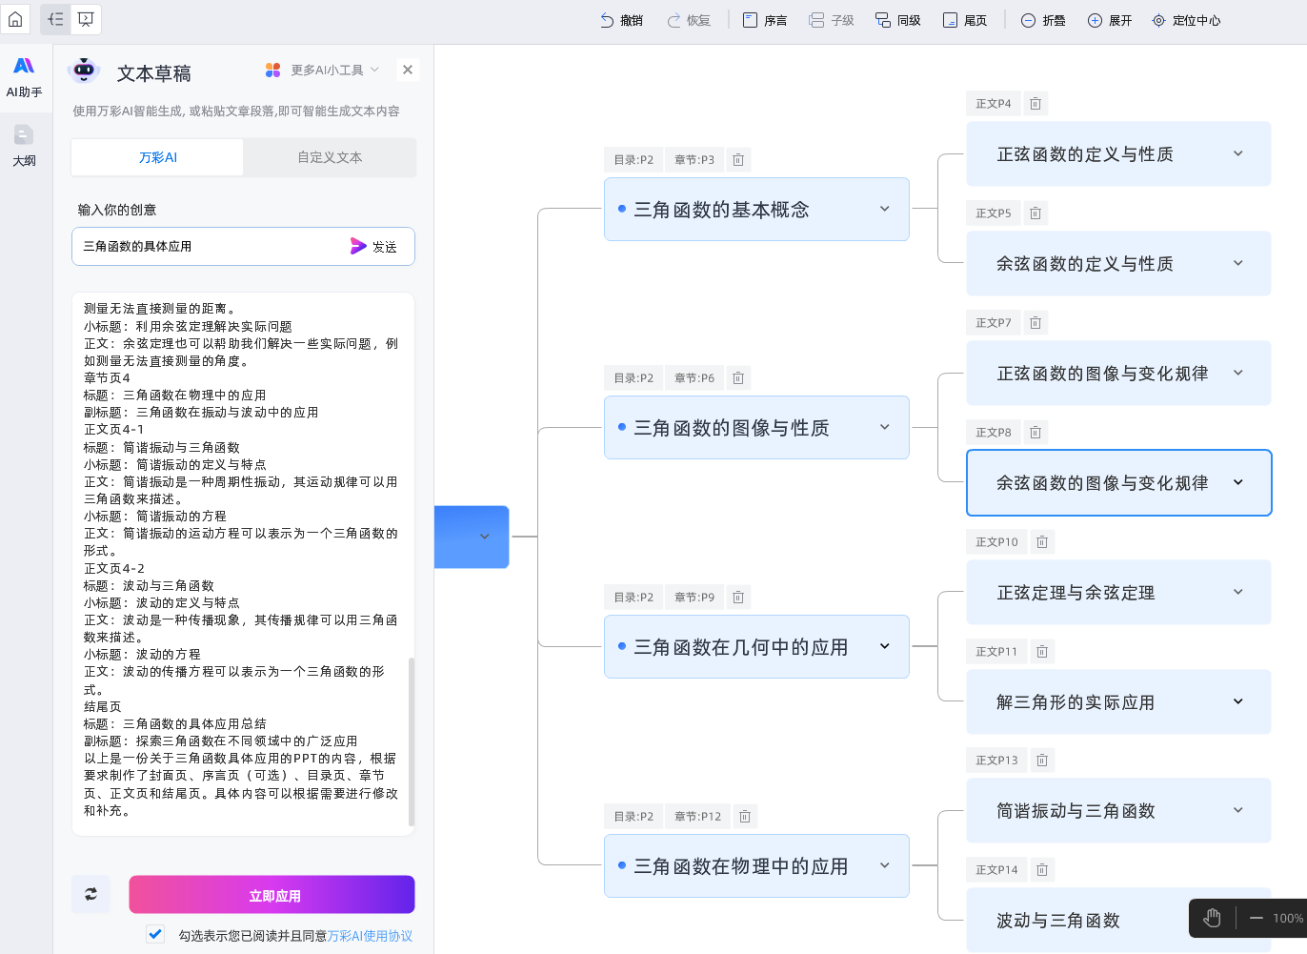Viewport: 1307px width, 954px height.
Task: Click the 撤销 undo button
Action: coord(621,20)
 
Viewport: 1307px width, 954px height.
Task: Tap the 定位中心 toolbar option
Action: coord(1185,20)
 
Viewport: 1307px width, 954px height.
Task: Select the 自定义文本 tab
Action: coord(330,157)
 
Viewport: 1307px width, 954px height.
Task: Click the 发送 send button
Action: coord(373,246)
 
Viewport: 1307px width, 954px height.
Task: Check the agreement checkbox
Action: coord(155,934)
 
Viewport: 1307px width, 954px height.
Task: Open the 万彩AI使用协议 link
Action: coord(370,936)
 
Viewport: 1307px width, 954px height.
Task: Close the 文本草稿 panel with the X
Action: coord(408,70)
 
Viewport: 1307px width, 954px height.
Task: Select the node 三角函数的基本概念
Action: coord(721,210)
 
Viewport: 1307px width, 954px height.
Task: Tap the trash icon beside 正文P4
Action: coord(1036,104)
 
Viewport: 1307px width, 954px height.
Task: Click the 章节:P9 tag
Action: coord(694,598)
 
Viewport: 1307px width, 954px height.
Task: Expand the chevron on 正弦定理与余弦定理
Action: coord(1237,592)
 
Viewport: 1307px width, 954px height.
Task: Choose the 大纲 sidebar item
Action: coord(24,145)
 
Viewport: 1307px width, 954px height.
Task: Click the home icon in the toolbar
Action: coord(15,19)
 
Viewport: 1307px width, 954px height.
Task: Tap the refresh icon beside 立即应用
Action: coord(90,894)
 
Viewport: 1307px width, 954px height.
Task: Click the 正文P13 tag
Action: coord(996,761)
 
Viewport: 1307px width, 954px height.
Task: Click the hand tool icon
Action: coord(1212,918)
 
